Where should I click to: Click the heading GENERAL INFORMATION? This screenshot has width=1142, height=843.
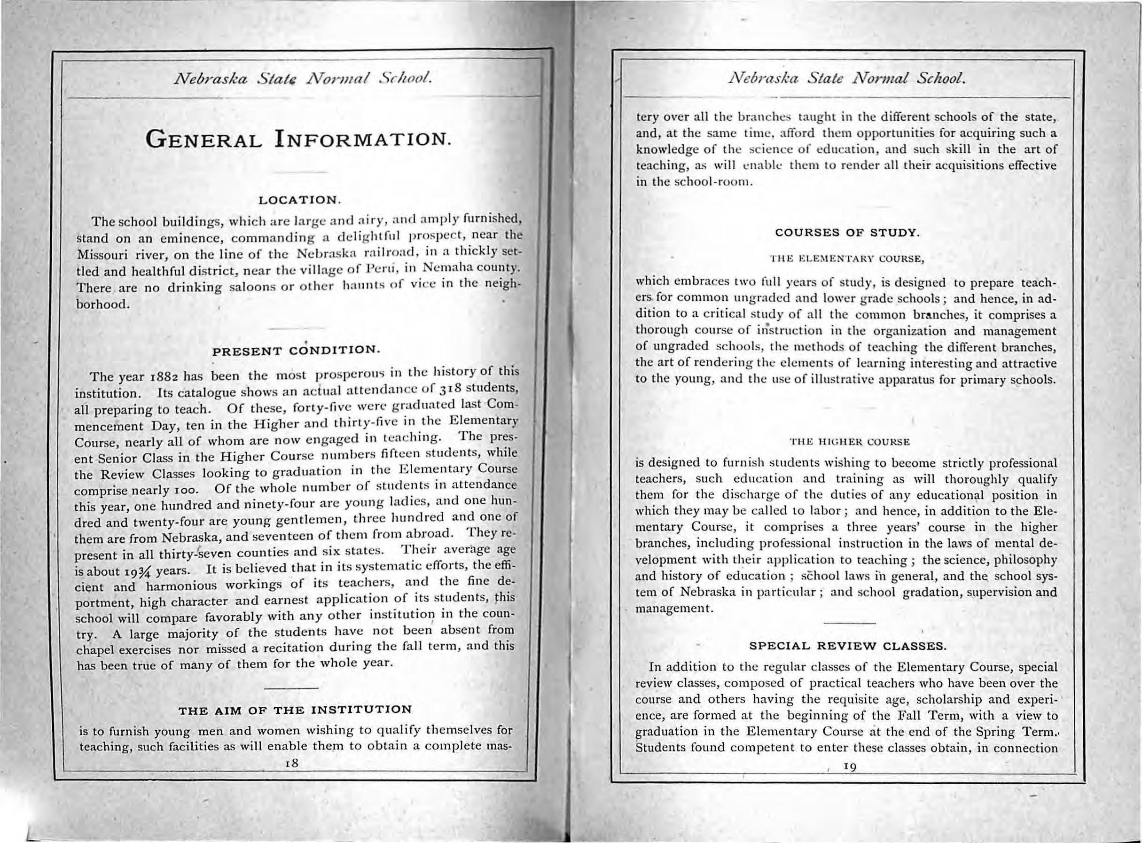[298, 138]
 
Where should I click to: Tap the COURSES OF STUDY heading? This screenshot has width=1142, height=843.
[847, 234]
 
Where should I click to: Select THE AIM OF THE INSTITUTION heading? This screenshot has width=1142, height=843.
[295, 710]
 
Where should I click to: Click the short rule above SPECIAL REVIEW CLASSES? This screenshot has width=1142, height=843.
[850, 624]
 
